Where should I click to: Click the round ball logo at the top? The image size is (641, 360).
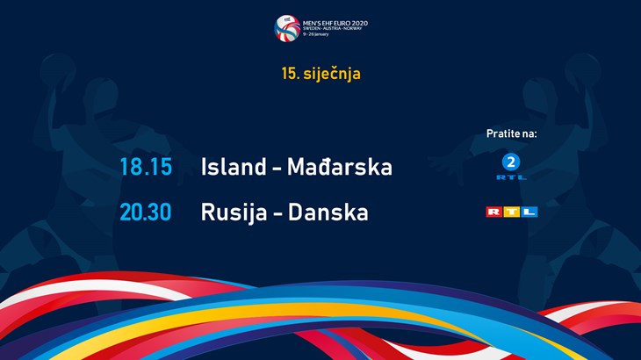click(287, 27)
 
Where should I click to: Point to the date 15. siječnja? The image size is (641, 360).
click(320, 74)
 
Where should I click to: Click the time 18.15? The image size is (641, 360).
click(146, 167)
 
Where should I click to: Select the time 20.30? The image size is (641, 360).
click(146, 212)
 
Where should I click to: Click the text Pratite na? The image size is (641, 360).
click(511, 133)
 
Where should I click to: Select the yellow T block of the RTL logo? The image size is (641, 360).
click(511, 212)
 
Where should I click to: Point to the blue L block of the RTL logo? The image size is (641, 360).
click(529, 212)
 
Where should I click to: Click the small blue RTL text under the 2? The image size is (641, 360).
click(511, 176)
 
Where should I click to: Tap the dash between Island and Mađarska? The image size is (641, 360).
click(277, 169)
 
